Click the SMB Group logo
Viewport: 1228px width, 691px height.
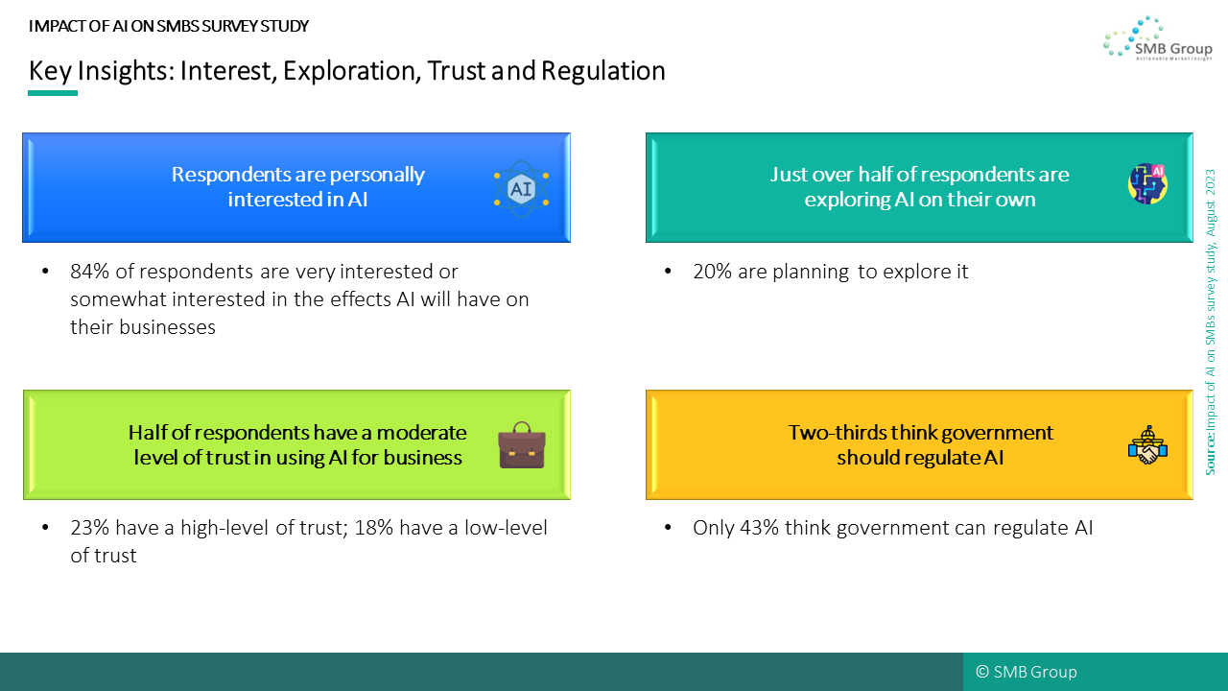coord(1158,37)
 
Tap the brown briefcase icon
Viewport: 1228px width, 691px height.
coord(521,444)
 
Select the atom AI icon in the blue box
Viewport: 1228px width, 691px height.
coord(521,189)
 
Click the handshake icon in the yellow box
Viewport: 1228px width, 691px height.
coord(1147,445)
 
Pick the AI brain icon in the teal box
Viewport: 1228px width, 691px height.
coord(1147,183)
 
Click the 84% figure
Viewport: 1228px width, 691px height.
coord(90,272)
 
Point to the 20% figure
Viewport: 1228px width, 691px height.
coord(712,272)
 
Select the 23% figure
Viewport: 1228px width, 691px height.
coord(90,528)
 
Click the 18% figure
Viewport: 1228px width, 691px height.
coord(374,528)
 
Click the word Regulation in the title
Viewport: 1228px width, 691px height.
coord(603,71)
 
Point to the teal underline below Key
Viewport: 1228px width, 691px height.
coord(53,93)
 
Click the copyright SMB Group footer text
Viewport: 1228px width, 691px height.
coord(1027,672)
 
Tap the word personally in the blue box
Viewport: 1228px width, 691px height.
coord(377,175)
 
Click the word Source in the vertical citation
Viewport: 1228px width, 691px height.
coord(1210,454)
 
